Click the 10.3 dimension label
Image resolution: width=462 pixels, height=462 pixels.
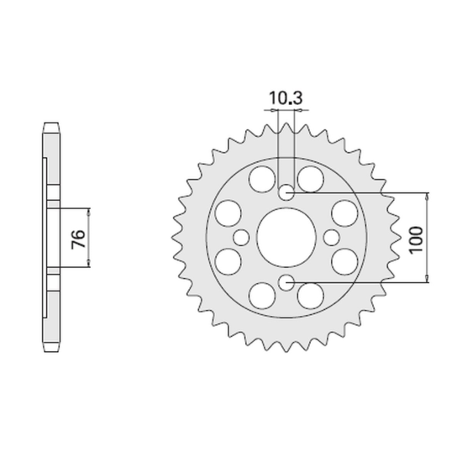pyautogui.click(x=286, y=98)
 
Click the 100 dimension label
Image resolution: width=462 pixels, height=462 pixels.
pyautogui.click(x=415, y=240)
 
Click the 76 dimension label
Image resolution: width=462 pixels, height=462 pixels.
pyautogui.click(x=78, y=239)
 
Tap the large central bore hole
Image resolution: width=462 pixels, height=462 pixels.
pyautogui.click(x=286, y=238)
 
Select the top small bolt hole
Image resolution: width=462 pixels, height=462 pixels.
pyautogui.click(x=286, y=192)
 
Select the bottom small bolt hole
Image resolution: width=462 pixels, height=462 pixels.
pyautogui.click(x=286, y=282)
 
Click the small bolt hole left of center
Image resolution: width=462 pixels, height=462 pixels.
pyautogui.click(x=241, y=238)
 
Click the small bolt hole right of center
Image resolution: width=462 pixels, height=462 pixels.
pyautogui.click(x=331, y=238)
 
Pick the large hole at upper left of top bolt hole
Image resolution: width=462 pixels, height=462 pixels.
pyautogui.click(x=262, y=179)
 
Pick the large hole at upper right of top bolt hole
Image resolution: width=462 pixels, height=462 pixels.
pyautogui.click(x=311, y=179)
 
